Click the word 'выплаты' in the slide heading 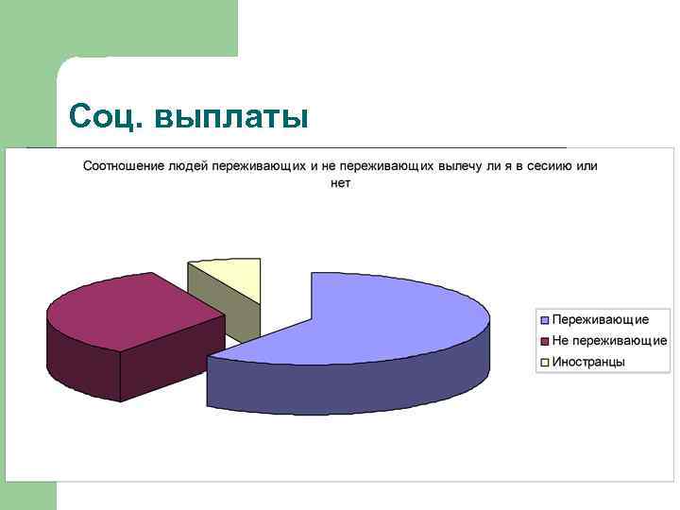click(230, 117)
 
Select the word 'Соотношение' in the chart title click(124, 166)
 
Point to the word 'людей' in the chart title click(188, 166)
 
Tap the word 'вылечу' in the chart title click(462, 166)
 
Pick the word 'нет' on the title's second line click(340, 182)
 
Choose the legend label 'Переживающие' click(600, 320)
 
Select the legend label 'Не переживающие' click(609, 341)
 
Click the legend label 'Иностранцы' click(588, 362)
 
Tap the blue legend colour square click(545, 320)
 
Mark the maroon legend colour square click(545, 341)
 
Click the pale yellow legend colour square click(545, 362)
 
